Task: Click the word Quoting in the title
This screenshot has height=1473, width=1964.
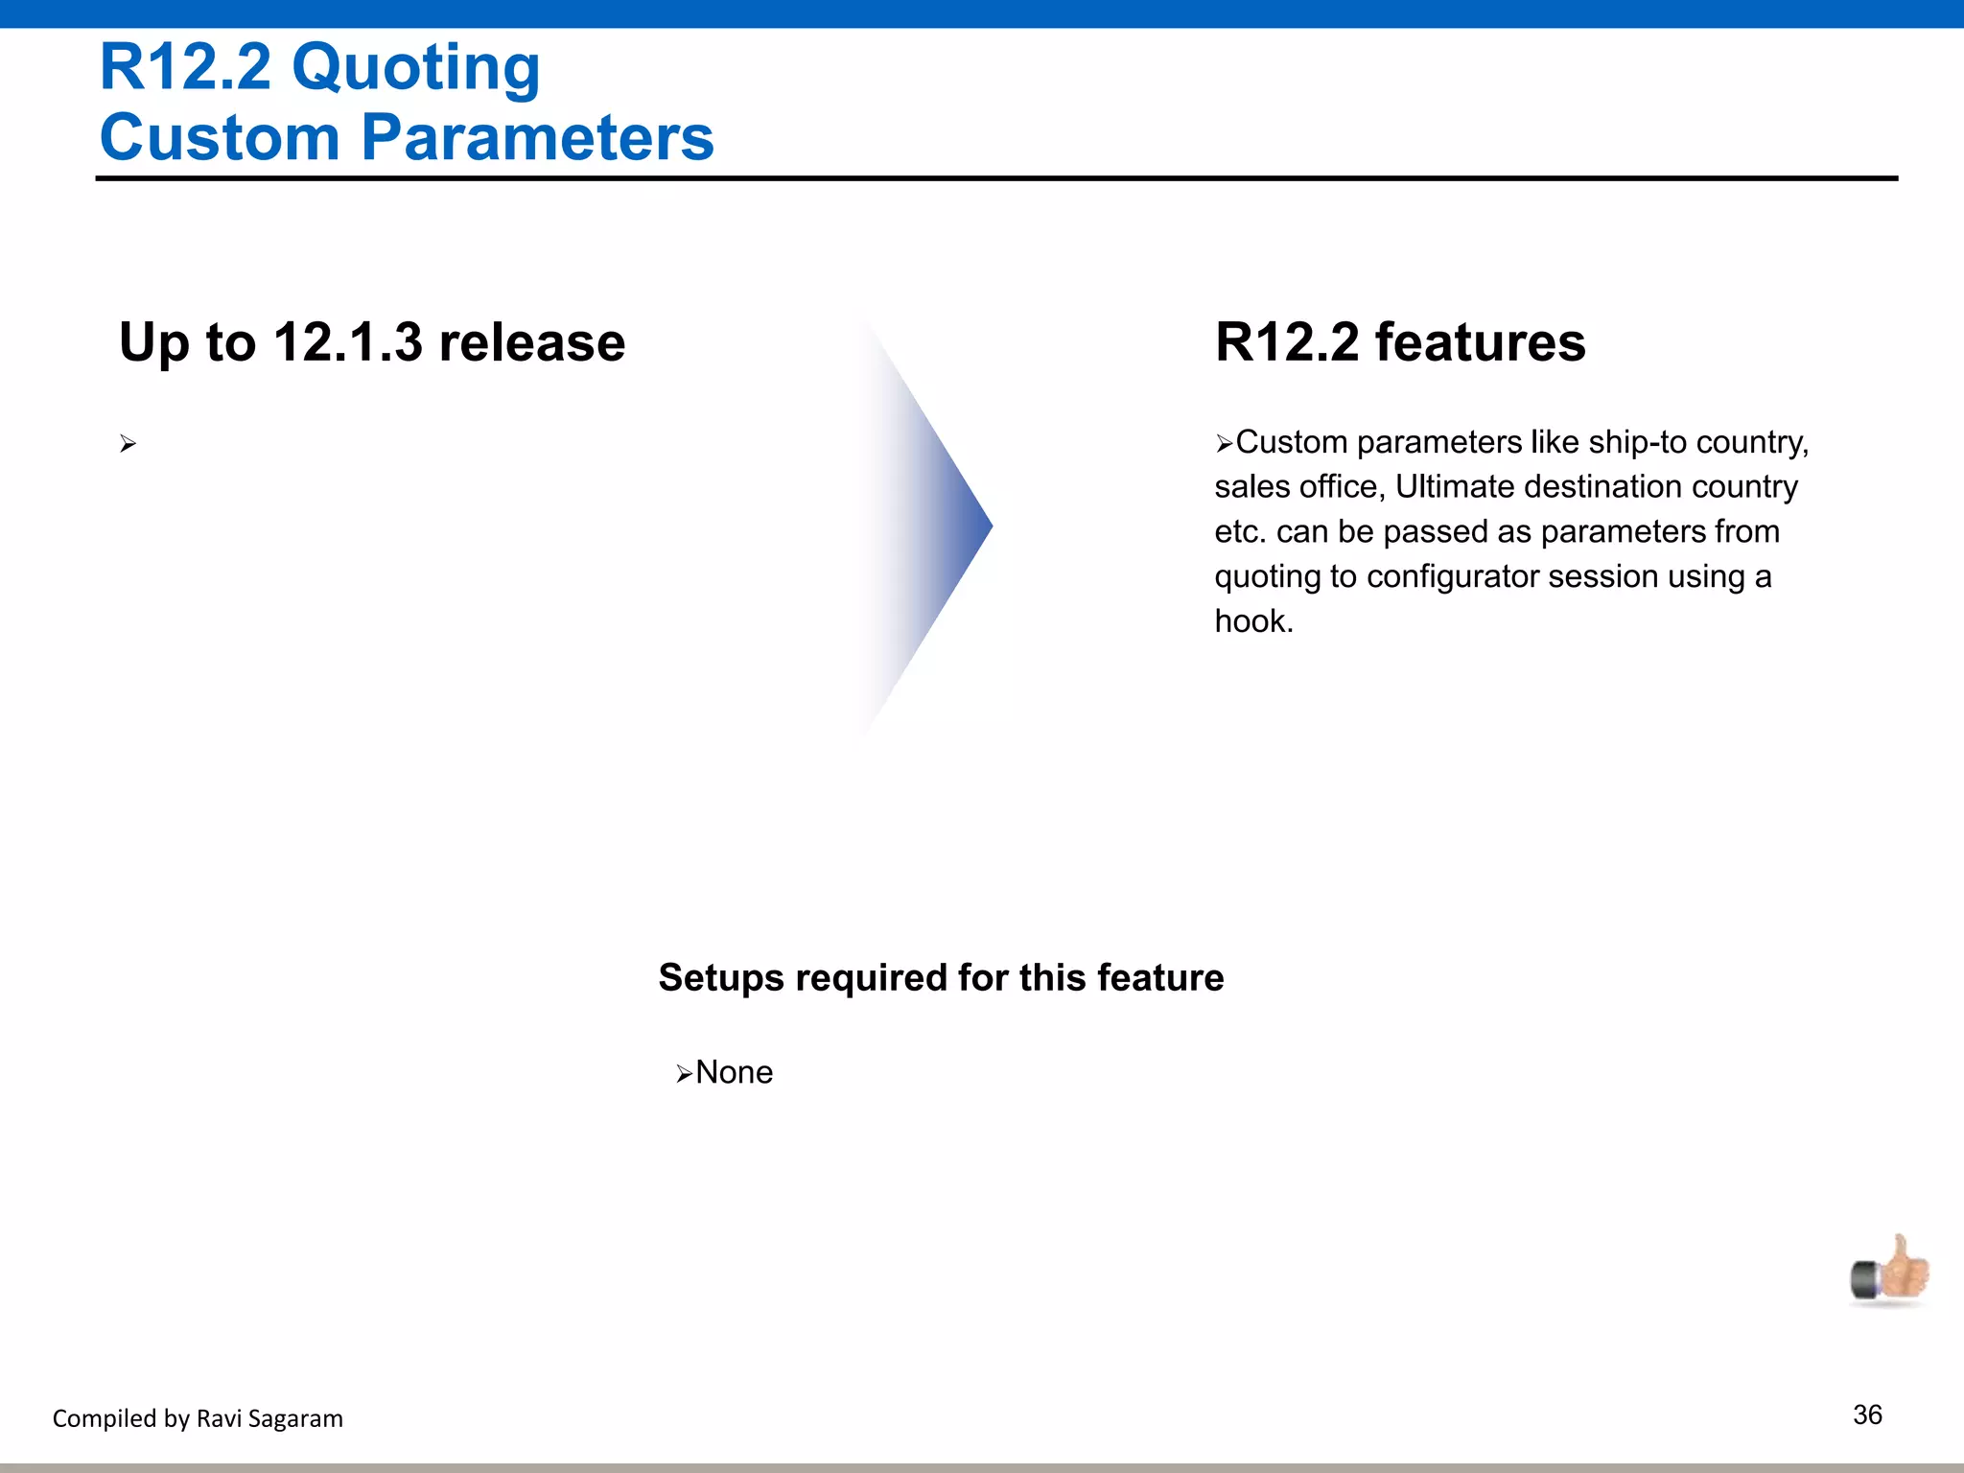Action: pyautogui.click(x=415, y=69)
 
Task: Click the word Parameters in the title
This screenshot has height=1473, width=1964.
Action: pyautogui.click(x=537, y=137)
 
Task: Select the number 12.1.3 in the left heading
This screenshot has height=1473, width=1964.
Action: pyautogui.click(x=347, y=342)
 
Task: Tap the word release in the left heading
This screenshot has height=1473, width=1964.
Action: pyautogui.click(x=531, y=342)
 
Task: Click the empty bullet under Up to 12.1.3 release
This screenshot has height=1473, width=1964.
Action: pyautogui.click(x=129, y=444)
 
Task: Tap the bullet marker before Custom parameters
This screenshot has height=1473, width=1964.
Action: pyautogui.click(x=1224, y=444)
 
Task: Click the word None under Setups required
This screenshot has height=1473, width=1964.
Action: pyautogui.click(x=734, y=1072)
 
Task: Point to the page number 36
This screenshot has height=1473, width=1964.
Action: pyautogui.click(x=1867, y=1415)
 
